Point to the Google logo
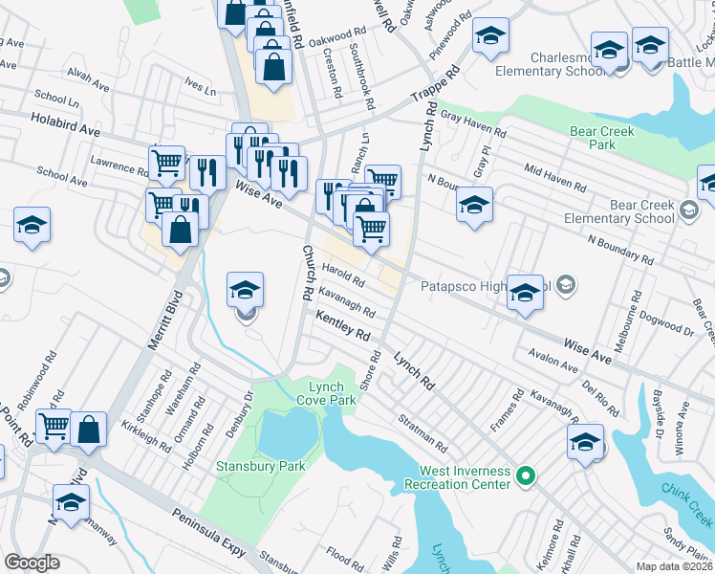32,563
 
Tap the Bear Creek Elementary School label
631,212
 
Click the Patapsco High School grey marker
566,284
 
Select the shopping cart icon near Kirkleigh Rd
54,425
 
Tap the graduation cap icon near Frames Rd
585,441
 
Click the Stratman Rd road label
422,433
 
